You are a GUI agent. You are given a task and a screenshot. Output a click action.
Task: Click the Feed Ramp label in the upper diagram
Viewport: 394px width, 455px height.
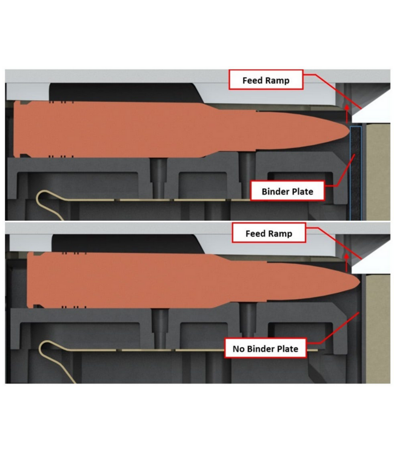pos(266,79)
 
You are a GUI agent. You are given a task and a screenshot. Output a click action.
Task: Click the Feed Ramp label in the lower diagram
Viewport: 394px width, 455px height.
pos(269,233)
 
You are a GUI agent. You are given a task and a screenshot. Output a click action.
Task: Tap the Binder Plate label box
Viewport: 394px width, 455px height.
pos(287,191)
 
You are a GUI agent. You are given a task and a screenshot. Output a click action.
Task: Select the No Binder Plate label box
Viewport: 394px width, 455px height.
pos(265,348)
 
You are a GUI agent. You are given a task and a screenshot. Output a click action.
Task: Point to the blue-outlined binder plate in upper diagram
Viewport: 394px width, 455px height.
pos(356,173)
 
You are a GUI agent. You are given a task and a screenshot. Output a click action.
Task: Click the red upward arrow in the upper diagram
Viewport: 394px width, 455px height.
pos(347,114)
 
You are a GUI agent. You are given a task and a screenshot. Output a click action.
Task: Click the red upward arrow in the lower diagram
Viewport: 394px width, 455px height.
pos(347,263)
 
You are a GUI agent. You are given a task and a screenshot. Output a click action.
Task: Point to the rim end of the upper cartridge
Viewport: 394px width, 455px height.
pos(16,129)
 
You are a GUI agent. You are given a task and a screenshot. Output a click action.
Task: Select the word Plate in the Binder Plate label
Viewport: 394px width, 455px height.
pos(302,191)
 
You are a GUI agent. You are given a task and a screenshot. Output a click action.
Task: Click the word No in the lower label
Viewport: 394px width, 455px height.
pos(239,348)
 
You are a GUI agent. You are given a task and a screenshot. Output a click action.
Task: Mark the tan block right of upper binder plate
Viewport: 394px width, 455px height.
pos(378,172)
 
